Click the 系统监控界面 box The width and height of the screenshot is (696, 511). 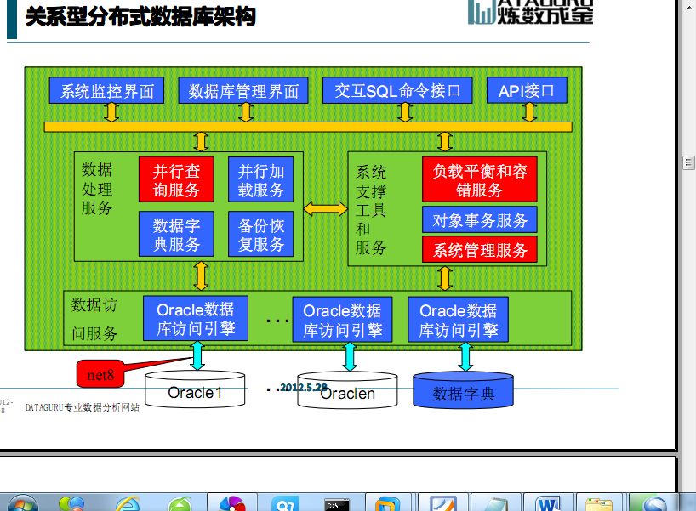(107, 91)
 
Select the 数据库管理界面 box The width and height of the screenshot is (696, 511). (243, 91)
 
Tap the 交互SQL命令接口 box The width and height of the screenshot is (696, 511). (397, 91)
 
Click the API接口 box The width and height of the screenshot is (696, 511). (527, 91)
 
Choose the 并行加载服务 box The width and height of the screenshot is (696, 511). (261, 180)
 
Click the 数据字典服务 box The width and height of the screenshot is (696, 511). (176, 235)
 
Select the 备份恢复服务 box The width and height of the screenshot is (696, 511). (261, 235)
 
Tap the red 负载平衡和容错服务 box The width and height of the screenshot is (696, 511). (480, 180)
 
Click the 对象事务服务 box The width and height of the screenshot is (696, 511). (480, 220)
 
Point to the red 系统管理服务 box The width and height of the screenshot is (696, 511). (480, 250)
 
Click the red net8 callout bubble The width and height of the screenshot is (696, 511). (100, 373)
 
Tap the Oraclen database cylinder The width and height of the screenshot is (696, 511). (347, 392)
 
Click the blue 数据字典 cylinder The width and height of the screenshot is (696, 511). (464, 391)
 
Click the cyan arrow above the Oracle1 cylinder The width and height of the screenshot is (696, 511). (197, 355)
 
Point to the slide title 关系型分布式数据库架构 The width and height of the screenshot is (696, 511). (140, 17)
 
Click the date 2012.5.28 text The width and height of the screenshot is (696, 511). (303, 387)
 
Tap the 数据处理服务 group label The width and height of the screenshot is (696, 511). (97, 188)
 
